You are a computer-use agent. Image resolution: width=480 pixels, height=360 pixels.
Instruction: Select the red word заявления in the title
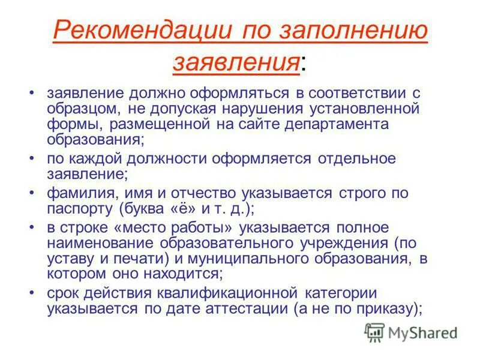[x=236, y=61]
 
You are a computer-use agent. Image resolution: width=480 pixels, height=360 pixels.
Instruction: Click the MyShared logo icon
[x=374, y=332]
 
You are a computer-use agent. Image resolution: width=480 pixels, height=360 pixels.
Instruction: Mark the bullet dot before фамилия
[x=32, y=193]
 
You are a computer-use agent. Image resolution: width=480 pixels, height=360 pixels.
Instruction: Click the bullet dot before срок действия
[x=32, y=293]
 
